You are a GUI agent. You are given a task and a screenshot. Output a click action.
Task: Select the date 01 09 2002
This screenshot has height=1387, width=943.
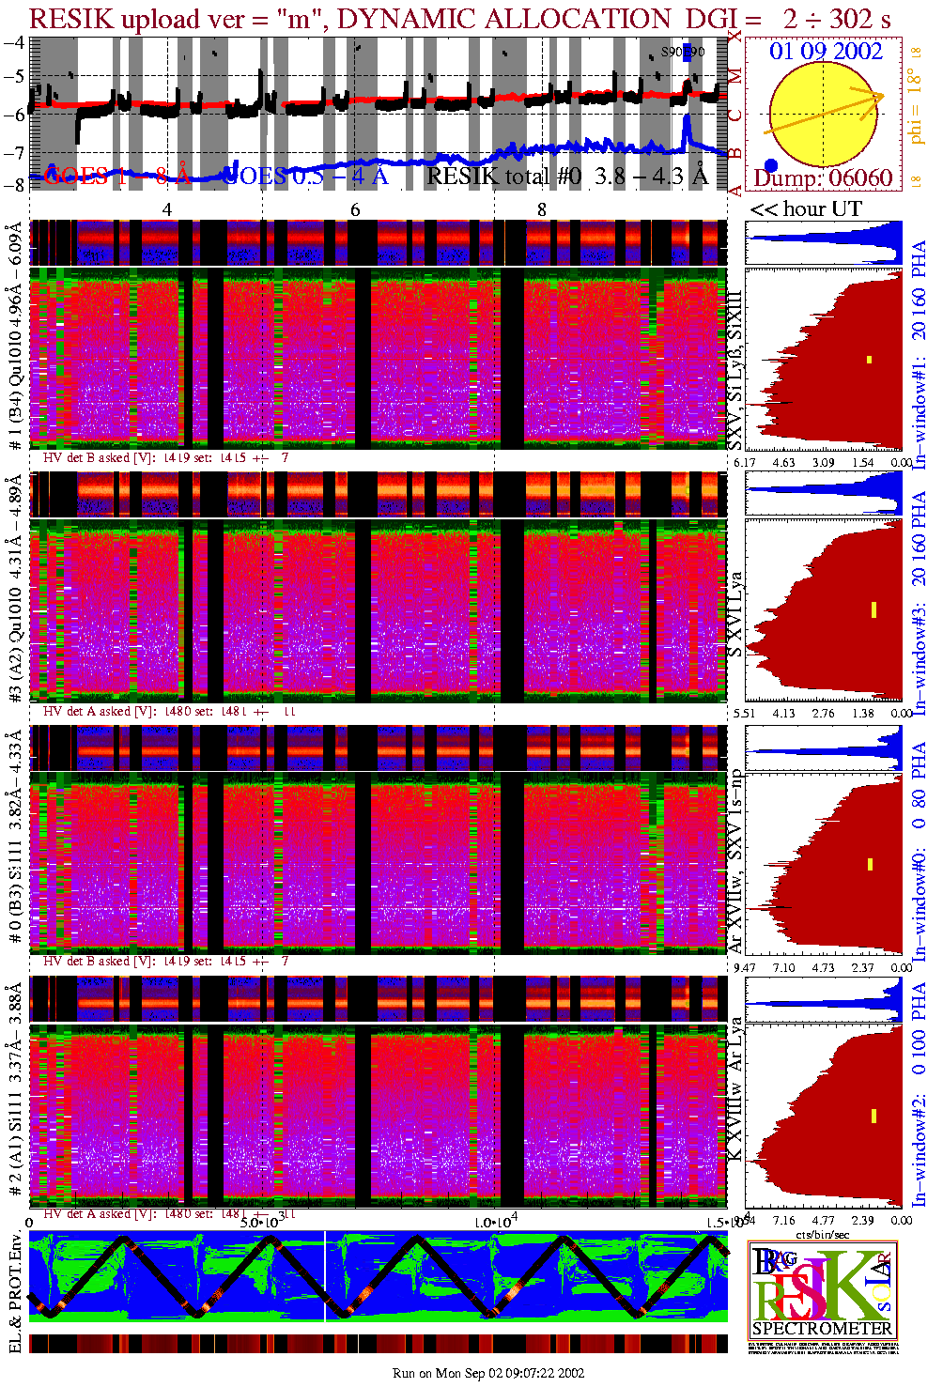[826, 51]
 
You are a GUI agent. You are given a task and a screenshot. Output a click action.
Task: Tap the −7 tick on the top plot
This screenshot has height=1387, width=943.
[14, 152]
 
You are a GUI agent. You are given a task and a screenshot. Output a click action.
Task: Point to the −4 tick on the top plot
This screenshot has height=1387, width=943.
[14, 42]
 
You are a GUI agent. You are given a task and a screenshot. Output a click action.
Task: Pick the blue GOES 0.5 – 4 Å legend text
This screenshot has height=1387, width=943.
[306, 175]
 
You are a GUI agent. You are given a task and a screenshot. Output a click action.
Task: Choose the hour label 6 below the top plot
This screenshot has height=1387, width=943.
[355, 209]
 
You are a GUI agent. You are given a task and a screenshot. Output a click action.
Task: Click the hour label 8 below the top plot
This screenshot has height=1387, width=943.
[541, 209]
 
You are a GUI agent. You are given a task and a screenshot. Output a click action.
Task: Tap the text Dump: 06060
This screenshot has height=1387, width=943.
[823, 177]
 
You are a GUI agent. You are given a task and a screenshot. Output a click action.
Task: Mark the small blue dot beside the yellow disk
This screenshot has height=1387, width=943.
[770, 166]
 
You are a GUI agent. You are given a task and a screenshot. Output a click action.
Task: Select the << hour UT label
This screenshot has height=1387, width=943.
[805, 208]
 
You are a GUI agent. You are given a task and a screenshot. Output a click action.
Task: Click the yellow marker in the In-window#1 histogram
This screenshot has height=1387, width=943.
[870, 359]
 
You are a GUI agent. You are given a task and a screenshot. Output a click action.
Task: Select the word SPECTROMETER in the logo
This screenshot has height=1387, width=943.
[822, 1328]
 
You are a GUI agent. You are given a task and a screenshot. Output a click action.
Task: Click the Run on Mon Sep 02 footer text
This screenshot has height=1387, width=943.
[488, 1373]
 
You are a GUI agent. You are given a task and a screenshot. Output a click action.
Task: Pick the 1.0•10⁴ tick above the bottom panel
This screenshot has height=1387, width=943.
[494, 1222]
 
